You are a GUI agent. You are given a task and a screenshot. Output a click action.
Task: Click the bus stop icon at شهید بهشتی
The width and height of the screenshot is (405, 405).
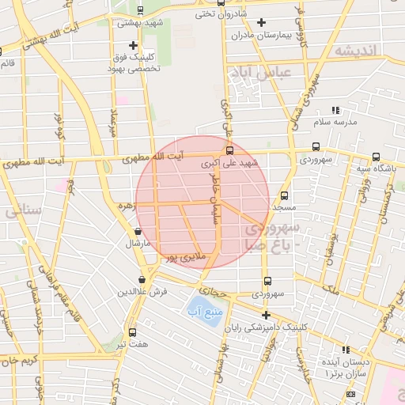140,11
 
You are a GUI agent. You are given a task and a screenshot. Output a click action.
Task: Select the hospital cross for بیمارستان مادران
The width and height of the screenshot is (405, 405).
262,23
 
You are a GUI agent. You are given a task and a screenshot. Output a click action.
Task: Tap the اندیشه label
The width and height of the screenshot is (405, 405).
358,51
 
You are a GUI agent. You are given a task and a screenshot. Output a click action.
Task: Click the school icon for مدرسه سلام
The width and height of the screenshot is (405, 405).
335,110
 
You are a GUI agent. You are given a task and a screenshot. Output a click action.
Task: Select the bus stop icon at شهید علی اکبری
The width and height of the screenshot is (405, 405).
229,151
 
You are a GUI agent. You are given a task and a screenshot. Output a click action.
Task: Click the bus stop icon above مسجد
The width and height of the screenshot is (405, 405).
285,195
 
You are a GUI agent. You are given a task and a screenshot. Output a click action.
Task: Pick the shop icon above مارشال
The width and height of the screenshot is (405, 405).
139,232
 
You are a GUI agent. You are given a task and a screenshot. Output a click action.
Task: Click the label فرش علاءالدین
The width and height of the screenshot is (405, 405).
143,292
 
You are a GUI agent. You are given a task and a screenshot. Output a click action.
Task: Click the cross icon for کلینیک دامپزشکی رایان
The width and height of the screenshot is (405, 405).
266,315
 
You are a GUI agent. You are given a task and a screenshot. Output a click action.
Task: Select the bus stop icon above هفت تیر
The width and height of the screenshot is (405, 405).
132,332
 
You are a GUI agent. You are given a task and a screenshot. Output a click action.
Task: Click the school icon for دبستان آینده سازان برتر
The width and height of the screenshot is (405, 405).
345,350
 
